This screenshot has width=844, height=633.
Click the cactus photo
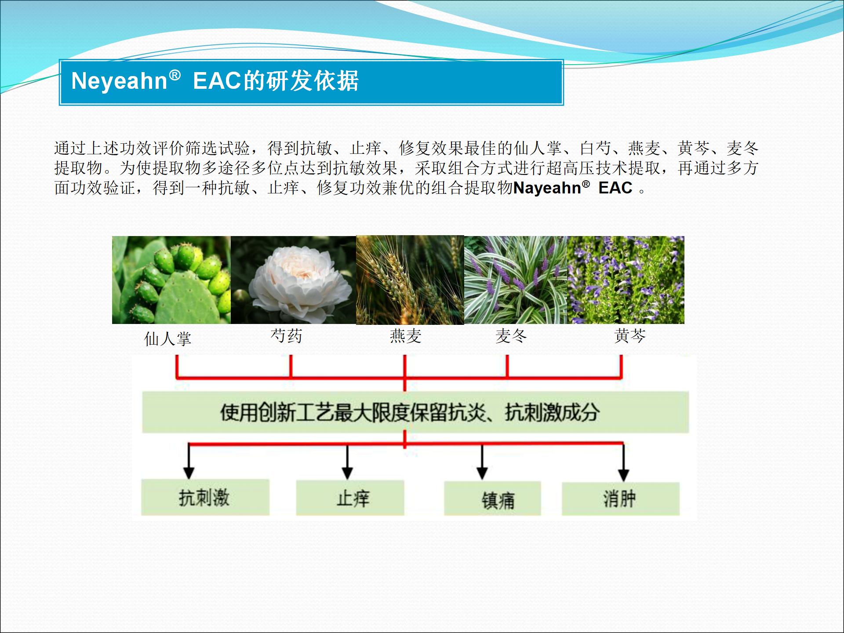coord(171,280)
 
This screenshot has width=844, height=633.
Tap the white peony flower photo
coord(293,280)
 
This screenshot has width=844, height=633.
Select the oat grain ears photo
coord(410,280)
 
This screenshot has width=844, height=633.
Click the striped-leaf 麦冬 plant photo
coord(516,280)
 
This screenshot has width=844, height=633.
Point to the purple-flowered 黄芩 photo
coord(626,280)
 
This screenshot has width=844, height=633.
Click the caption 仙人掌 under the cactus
coord(168,338)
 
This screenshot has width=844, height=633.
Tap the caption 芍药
coord(287,336)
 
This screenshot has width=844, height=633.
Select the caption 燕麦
coord(406,336)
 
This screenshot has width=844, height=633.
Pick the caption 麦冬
coord(511,336)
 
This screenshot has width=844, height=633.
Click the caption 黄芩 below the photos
coord(630,336)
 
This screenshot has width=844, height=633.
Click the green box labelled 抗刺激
coord(205,497)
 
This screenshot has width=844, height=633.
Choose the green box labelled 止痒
coord(350,498)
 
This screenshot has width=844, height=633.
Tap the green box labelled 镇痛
coord(492,499)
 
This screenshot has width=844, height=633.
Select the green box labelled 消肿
coord(621,499)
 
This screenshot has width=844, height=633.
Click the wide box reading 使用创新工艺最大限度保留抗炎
coord(415,412)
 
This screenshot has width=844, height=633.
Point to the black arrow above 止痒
coord(347,462)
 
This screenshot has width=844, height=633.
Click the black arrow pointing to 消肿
coord(623,462)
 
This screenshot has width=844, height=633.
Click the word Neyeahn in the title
coord(119,81)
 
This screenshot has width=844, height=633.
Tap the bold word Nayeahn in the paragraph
coord(547,188)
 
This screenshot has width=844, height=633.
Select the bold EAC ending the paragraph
coord(615,188)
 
